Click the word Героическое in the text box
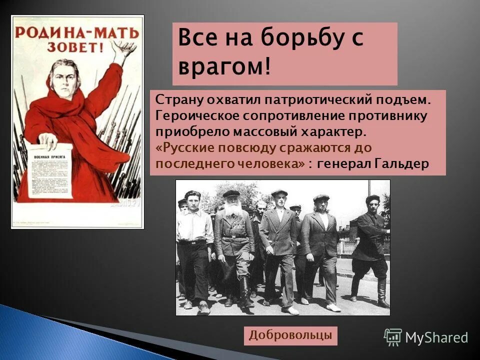pos(198,116)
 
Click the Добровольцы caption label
pos(291,335)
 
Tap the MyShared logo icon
pos(393,337)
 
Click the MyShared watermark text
pos(436,338)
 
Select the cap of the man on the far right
pos(373,198)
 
